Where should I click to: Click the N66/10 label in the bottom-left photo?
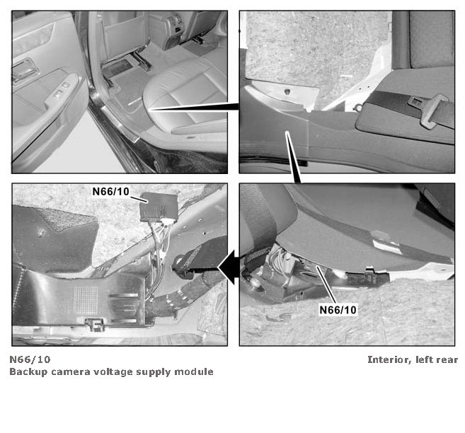click(111, 192)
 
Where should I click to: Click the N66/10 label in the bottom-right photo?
click(338, 310)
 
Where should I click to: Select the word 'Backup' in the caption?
click(28, 372)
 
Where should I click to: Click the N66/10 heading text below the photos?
click(30, 359)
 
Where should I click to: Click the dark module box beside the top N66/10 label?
click(159, 207)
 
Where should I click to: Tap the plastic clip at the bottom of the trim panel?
click(94, 324)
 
